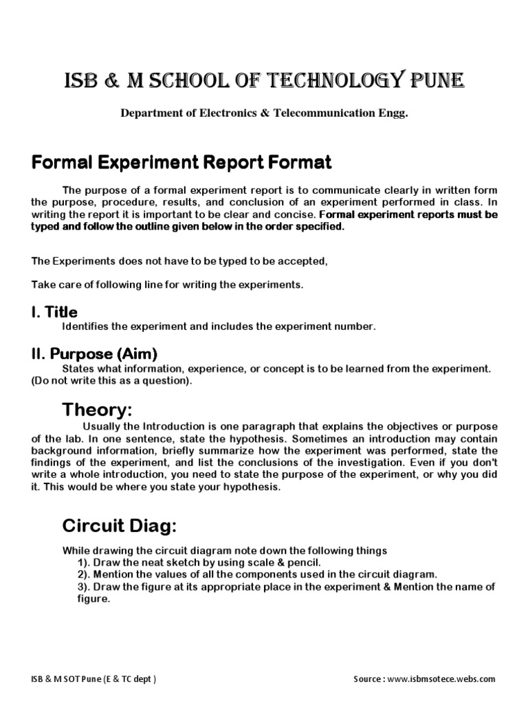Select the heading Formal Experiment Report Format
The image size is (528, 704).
181,163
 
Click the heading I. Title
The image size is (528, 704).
54,313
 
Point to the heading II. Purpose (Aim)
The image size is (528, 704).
95,354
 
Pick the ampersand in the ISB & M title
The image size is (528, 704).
107,82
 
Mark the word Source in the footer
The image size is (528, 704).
370,679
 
